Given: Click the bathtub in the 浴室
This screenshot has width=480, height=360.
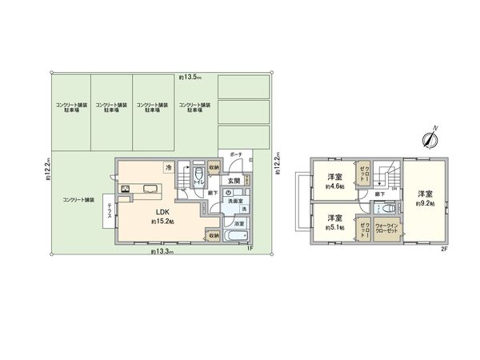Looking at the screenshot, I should [x=235, y=238].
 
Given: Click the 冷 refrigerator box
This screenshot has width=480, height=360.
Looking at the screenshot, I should [x=168, y=169].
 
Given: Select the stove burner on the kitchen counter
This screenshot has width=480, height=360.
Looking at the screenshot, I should [x=127, y=190].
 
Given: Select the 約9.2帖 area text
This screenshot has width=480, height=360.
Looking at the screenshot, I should [x=423, y=204].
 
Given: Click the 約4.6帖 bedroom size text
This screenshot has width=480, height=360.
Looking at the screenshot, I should [x=334, y=186].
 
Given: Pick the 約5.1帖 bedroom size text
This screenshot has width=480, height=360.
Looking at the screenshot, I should [x=334, y=226].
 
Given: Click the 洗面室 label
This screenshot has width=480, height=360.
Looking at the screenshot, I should [x=233, y=201].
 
